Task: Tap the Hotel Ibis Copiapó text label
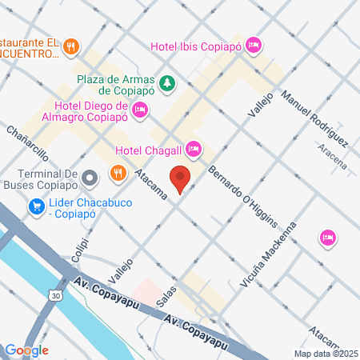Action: tap(196, 46)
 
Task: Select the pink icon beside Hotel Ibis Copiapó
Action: tap(254, 45)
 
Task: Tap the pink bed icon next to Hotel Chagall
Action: tap(193, 149)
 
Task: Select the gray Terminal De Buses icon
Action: tap(90, 176)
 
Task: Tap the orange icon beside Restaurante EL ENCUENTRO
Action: tap(71, 46)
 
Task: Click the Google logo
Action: tap(26, 350)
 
